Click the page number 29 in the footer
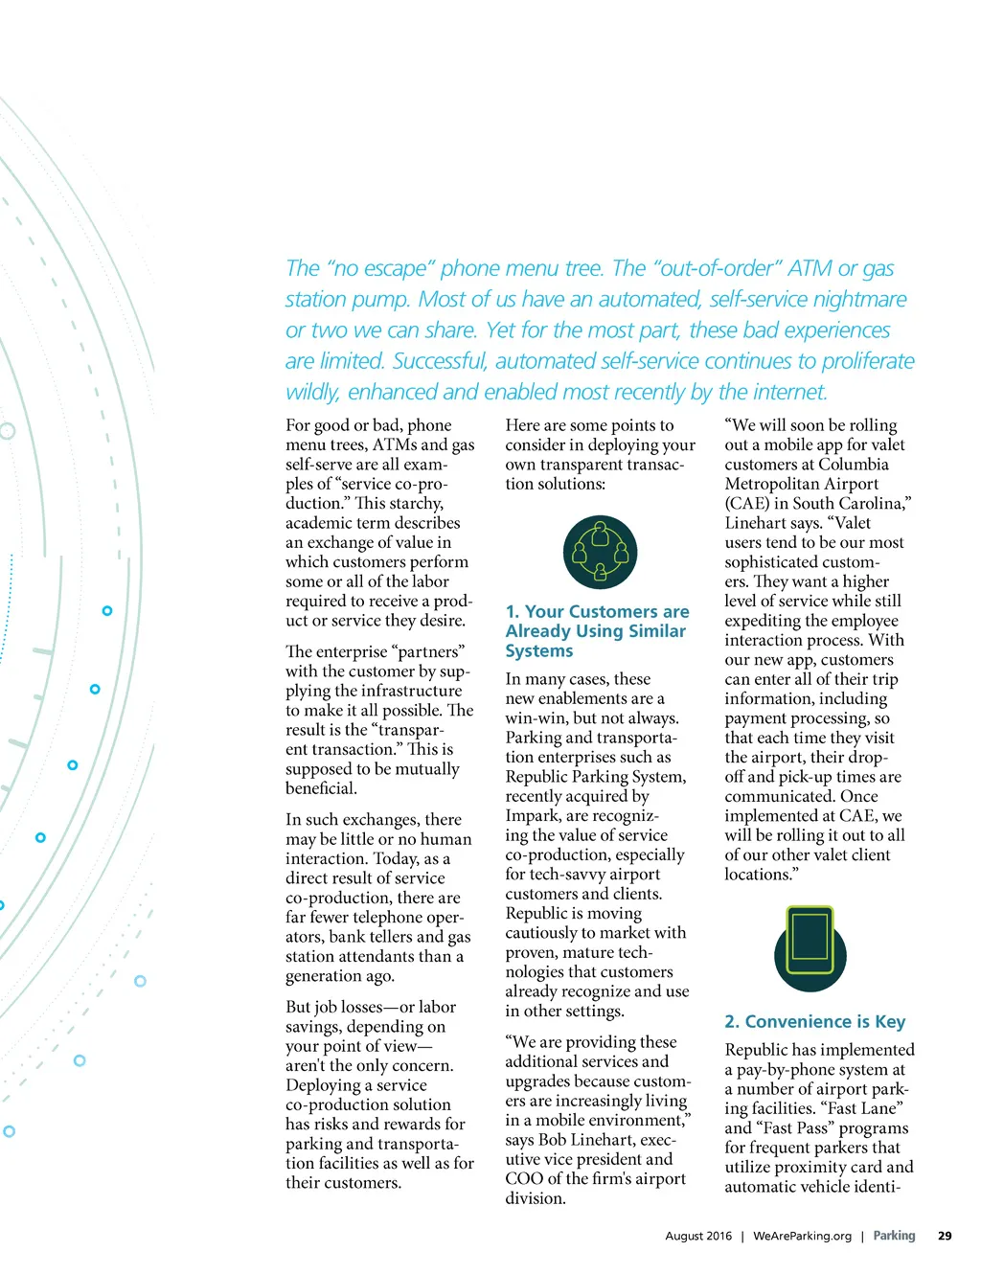tap(945, 1236)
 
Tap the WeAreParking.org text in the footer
tap(802, 1236)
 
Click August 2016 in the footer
tap(698, 1236)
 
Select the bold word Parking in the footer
tap(894, 1236)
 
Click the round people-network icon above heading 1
tap(600, 552)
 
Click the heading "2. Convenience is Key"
tap(814, 1022)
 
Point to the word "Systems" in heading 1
tap(539, 651)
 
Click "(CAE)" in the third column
tap(747, 504)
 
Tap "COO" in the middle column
tap(523, 1179)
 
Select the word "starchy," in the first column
tap(412, 504)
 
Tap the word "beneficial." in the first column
tap(321, 788)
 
